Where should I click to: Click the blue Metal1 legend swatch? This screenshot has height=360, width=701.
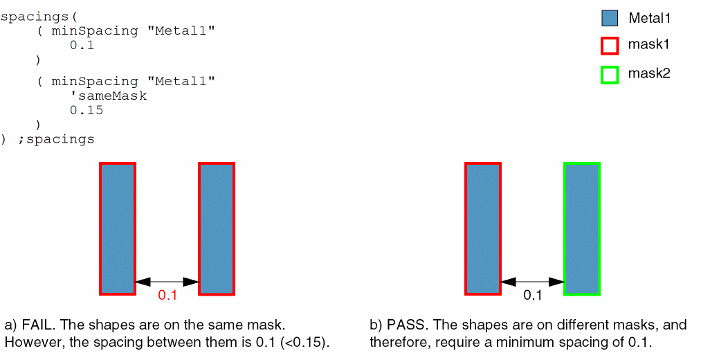610,19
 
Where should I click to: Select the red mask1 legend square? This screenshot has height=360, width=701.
610,46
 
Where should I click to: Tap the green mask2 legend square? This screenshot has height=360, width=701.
610,74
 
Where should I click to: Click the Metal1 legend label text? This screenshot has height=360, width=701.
649,19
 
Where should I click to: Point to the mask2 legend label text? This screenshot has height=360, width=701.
649,73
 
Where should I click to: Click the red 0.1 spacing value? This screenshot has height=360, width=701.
167,296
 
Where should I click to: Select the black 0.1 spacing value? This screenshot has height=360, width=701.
532,296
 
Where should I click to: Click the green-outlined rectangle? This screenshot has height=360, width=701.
582,228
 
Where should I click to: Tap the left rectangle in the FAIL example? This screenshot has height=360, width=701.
118,228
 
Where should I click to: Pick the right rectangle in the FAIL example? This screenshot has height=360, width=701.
217,228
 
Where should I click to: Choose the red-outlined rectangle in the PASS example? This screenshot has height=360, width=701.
483,228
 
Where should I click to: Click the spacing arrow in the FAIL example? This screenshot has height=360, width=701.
167,282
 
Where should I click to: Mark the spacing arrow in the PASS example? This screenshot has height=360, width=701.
532,282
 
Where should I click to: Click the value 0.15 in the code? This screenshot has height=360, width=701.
86,110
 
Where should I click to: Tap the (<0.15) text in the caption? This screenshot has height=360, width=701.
304,342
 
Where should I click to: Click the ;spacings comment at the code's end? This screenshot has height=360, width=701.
56,139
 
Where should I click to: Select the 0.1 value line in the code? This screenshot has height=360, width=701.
82,46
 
